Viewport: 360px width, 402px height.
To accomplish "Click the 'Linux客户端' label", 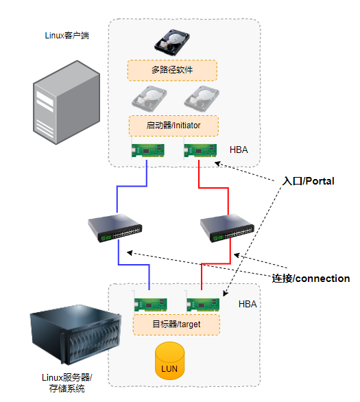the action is point(67,36).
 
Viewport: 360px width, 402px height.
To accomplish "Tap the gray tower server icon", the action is point(67,102).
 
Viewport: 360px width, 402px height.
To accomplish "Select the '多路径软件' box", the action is point(172,71).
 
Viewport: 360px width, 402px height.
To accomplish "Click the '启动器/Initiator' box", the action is point(173,126).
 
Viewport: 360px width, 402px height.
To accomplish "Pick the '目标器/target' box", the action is point(176,324).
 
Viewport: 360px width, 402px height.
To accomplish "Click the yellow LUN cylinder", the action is point(169,361).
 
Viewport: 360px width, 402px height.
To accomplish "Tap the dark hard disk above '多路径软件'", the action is point(172,43).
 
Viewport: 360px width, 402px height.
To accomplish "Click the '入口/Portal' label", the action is point(309,181).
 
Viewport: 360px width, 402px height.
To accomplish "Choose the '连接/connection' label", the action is point(311,279).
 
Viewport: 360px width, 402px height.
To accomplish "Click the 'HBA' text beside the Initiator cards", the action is point(239,150).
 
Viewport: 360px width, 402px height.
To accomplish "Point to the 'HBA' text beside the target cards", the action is point(248,304).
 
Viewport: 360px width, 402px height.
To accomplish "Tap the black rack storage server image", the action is point(75,335).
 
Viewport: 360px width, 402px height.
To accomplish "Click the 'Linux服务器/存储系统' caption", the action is point(67,383).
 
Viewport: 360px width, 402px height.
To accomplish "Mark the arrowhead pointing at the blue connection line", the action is point(130,252).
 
